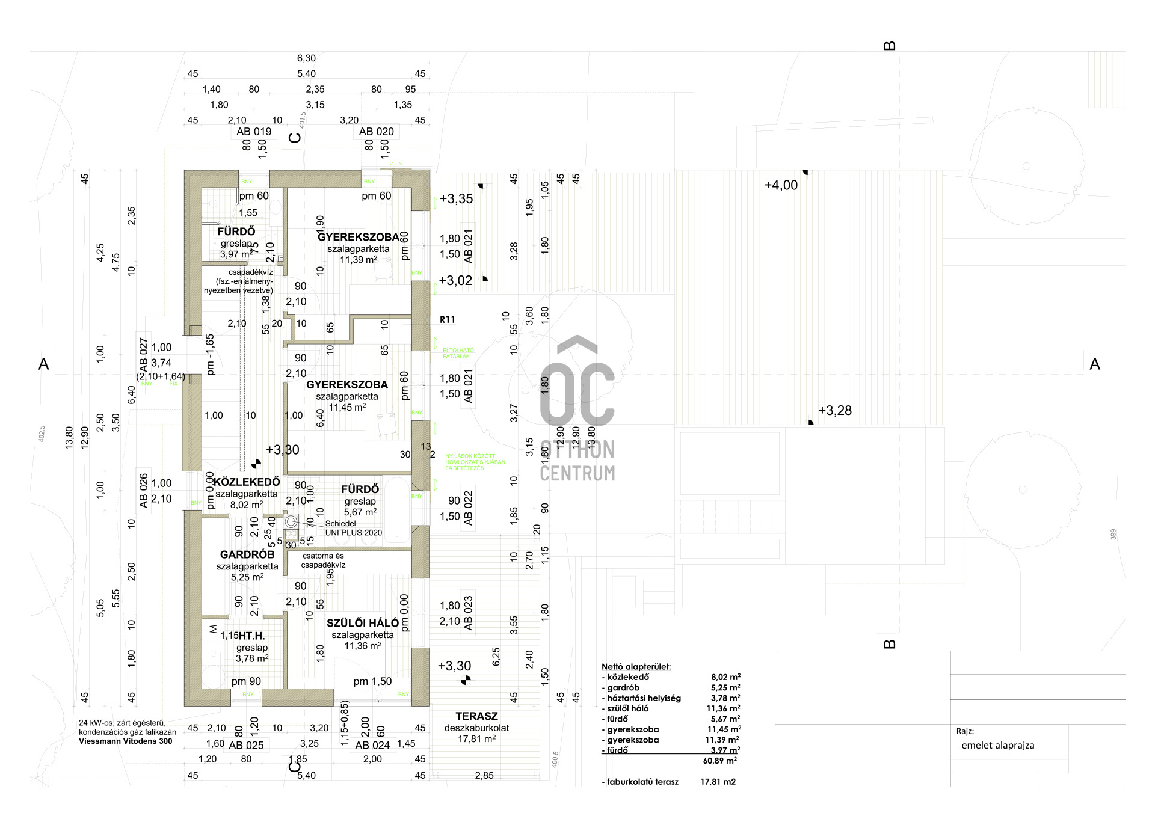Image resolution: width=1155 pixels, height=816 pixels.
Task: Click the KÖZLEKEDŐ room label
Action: pyautogui.click(x=247, y=482)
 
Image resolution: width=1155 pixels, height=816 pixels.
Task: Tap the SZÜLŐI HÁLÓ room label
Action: pyautogui.click(x=363, y=624)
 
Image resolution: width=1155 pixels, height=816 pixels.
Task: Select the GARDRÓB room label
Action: pyautogui.click(x=247, y=555)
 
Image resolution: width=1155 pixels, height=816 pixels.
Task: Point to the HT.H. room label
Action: pyautogui.click(x=251, y=636)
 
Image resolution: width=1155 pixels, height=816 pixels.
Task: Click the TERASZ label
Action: pyautogui.click(x=476, y=716)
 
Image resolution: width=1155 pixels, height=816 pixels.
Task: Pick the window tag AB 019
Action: pyautogui.click(x=254, y=132)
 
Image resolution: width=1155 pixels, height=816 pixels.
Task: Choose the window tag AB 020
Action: pyautogui.click(x=377, y=132)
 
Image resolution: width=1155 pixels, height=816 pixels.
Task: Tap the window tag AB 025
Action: pyautogui.click(x=247, y=746)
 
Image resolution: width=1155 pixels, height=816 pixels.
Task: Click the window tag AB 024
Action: pyautogui.click(x=372, y=746)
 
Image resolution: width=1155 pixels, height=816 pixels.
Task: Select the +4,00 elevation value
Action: pyautogui.click(x=781, y=186)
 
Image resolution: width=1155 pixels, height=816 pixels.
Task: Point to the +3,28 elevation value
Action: pyautogui.click(x=835, y=411)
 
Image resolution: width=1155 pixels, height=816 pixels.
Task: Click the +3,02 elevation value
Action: pyautogui.click(x=455, y=281)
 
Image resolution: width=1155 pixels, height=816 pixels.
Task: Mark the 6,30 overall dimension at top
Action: pyautogui.click(x=306, y=58)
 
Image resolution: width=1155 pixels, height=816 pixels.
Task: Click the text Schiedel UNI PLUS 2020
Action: pyautogui.click(x=354, y=528)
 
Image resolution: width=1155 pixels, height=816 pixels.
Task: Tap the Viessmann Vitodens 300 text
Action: pyautogui.click(x=125, y=741)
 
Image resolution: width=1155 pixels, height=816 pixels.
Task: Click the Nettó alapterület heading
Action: pyautogui.click(x=636, y=667)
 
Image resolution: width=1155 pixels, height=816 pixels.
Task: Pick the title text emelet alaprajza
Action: pyautogui.click(x=998, y=746)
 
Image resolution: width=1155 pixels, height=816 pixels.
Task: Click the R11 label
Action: pyautogui.click(x=448, y=320)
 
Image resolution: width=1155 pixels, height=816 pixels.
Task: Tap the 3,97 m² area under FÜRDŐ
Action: pyautogui.click(x=235, y=254)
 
